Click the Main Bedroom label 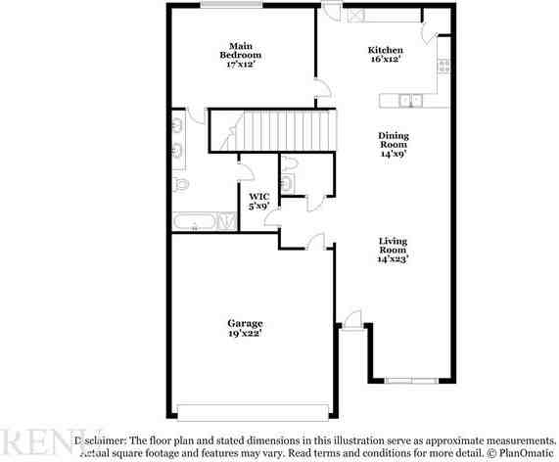tap(244, 51)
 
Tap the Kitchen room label tap(384, 51)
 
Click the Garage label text tap(245, 324)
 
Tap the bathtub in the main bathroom tap(199, 222)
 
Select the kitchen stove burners tap(443, 67)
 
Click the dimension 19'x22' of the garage tap(245, 335)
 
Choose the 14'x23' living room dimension tap(394, 259)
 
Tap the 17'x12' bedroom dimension tap(244, 65)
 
